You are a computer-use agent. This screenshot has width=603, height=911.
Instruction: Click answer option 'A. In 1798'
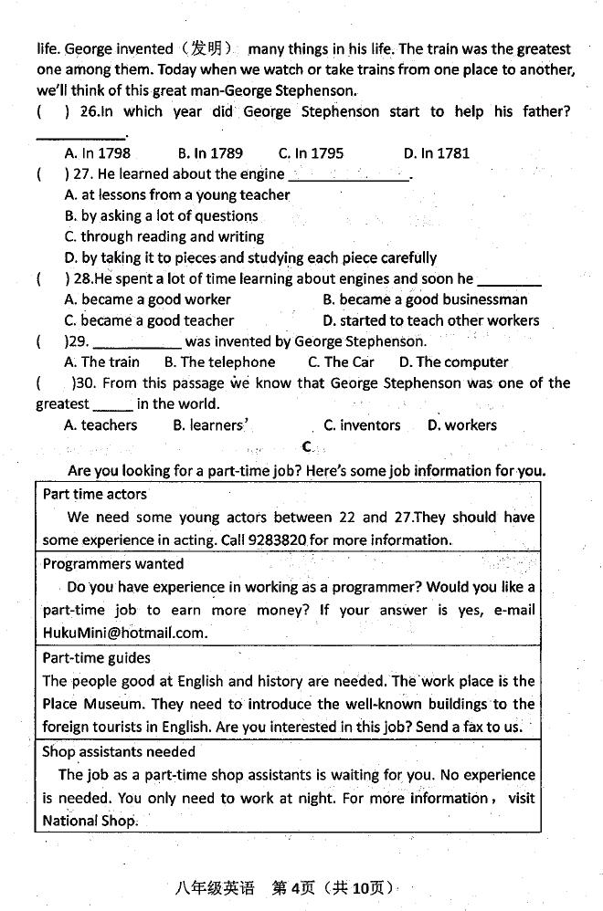coord(98,153)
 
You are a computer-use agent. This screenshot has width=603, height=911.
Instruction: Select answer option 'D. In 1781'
coord(436,153)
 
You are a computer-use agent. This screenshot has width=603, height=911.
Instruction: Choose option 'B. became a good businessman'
coord(425,299)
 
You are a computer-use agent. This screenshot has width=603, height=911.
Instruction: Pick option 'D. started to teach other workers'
coord(430,320)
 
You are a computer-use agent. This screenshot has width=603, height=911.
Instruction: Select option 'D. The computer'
coord(453,362)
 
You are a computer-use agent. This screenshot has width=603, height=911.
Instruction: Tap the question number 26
coord(89,112)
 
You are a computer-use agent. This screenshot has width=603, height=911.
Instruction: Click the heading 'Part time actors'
coord(95,494)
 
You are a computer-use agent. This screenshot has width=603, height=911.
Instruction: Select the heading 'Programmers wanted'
coord(113,564)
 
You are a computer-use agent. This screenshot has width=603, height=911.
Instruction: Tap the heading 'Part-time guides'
coord(97,657)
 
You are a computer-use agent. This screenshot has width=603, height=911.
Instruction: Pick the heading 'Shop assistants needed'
coord(119,752)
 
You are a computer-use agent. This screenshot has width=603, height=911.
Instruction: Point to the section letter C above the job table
coord(307,447)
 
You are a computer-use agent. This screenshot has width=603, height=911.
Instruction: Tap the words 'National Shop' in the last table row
coord(90,821)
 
